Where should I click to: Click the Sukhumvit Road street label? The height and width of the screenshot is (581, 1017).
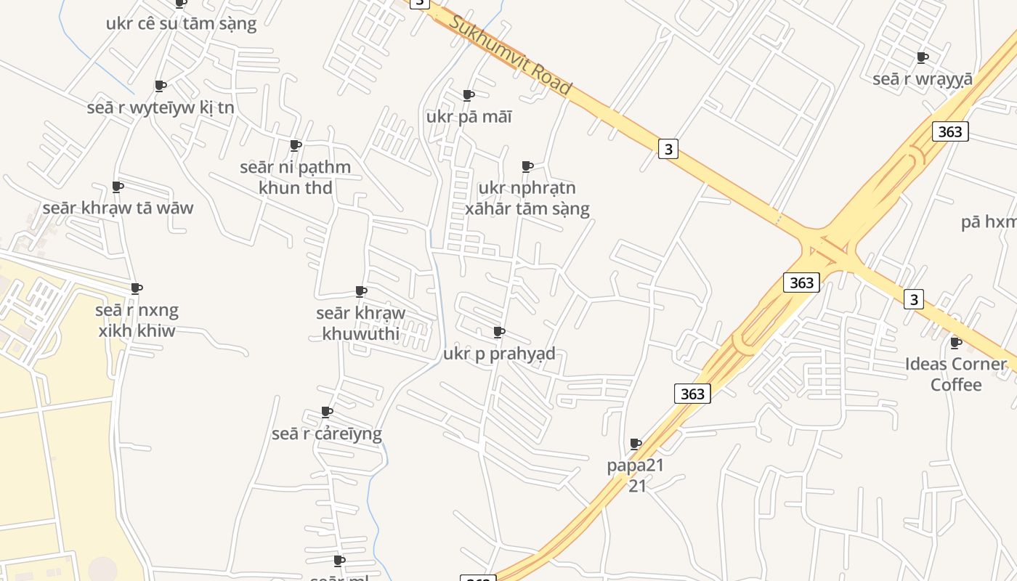pos(510,54)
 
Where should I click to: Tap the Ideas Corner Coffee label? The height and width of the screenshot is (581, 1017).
pos(956,374)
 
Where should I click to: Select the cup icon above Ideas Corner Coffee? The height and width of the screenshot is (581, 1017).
pos(956,343)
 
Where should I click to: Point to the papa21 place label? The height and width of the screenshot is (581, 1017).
pos(636,475)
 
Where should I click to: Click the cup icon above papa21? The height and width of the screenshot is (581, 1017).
pos(636,444)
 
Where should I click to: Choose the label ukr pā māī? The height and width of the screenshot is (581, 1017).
pos(469,116)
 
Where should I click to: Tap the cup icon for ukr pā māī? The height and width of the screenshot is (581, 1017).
pos(469,95)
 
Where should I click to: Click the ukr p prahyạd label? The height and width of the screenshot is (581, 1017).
pos(499,354)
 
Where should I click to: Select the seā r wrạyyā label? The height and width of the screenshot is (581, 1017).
pos(923,78)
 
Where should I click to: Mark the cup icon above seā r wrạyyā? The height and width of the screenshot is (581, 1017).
pos(923,57)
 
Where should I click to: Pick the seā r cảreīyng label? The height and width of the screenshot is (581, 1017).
pos(327,434)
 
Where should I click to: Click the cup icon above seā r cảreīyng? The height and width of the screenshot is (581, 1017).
pos(327,413)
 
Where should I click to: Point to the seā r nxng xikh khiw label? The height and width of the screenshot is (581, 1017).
pos(137,320)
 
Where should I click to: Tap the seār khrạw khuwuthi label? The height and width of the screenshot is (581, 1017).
pos(361,323)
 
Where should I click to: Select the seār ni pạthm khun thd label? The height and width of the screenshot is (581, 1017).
pos(296,177)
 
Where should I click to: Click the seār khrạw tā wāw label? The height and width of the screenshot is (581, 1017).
pos(118,208)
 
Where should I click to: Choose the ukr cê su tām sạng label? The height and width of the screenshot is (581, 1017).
pos(181,23)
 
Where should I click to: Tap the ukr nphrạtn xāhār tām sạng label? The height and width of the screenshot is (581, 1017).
pos(527,198)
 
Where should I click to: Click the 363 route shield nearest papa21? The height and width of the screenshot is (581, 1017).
pos(692,394)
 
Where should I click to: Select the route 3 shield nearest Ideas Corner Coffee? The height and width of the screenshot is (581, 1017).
pos(914,298)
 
